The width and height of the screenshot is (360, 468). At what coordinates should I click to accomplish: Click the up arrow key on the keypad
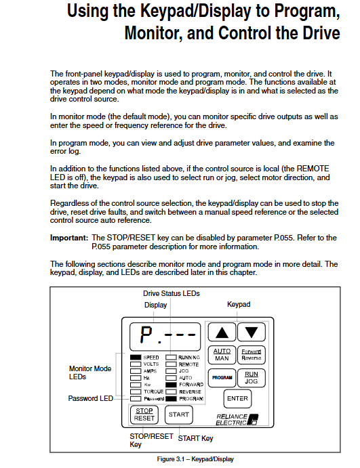[222, 332]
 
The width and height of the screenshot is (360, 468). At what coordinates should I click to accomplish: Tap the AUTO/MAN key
[222, 355]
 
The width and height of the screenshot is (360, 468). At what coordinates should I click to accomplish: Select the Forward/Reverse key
[252, 355]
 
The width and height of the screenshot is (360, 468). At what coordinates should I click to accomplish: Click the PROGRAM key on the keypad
[222, 377]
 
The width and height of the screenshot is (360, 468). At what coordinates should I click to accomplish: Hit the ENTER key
[237, 398]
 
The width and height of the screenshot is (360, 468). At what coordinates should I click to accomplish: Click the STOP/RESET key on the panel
[144, 414]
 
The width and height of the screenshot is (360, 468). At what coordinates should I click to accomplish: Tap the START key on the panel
[179, 414]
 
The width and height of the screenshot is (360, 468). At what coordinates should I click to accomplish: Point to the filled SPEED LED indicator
[136, 358]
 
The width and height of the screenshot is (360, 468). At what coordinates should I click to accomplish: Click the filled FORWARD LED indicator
[171, 385]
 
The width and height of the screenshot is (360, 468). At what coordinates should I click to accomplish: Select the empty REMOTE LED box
[171, 364]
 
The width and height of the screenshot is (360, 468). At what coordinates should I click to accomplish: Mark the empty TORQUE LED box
[136, 391]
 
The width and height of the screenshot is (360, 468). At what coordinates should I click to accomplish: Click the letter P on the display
[146, 335]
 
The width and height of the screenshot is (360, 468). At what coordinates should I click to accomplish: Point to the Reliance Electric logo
[237, 419]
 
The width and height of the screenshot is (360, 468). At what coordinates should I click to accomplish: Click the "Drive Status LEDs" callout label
[172, 293]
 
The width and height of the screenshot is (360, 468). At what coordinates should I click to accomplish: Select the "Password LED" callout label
[91, 398]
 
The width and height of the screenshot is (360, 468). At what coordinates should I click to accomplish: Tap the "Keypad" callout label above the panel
[239, 305]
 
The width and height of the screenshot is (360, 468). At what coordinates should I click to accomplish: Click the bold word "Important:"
[69, 238]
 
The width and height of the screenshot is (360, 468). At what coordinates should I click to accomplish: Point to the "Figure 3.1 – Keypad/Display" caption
[195, 459]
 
